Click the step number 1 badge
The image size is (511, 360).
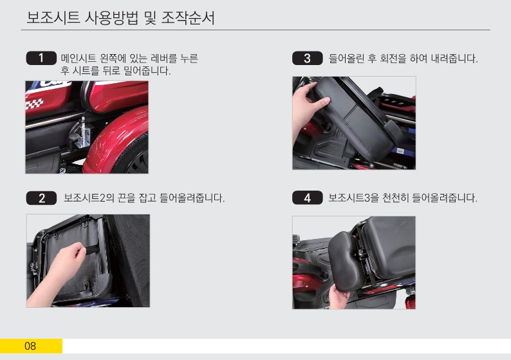pyautogui.click(x=41, y=58)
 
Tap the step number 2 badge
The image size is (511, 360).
pyautogui.click(x=41, y=198)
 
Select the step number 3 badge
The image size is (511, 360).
pyautogui.click(x=308, y=58)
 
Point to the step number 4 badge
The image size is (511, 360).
pyautogui.click(x=308, y=198)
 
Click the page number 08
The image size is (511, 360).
pyautogui.click(x=30, y=346)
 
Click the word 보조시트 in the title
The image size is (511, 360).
pyautogui.click(x=53, y=17)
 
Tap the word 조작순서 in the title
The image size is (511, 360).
pyautogui.click(x=189, y=17)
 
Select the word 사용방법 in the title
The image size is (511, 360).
pyautogui.click(x=111, y=17)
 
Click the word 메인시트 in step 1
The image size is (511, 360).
pyautogui.click(x=79, y=59)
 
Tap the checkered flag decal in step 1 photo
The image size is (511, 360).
pyautogui.click(x=34, y=104)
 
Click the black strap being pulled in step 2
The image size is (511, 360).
pyautogui.click(x=91, y=250)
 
